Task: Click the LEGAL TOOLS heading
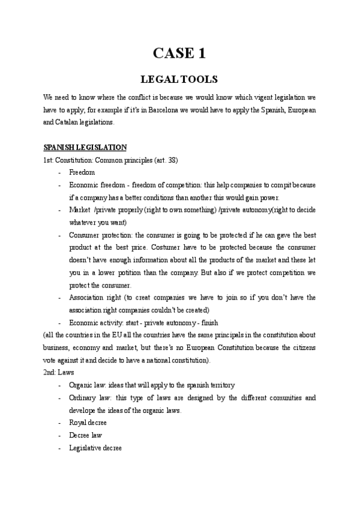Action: [179, 79]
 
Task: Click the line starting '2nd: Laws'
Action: [58, 372]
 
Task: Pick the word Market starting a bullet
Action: [79, 209]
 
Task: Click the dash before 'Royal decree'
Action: [59, 423]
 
